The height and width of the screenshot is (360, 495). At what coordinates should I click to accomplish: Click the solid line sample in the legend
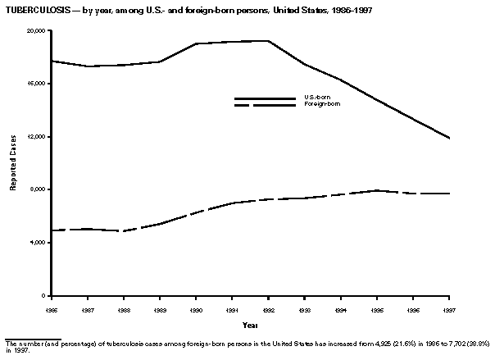pyautogui.click(x=265, y=98)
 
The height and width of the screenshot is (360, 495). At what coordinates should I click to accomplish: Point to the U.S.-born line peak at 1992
pyautogui.click(x=268, y=40)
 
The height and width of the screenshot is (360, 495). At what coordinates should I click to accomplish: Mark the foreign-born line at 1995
pyautogui.click(x=376, y=190)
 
